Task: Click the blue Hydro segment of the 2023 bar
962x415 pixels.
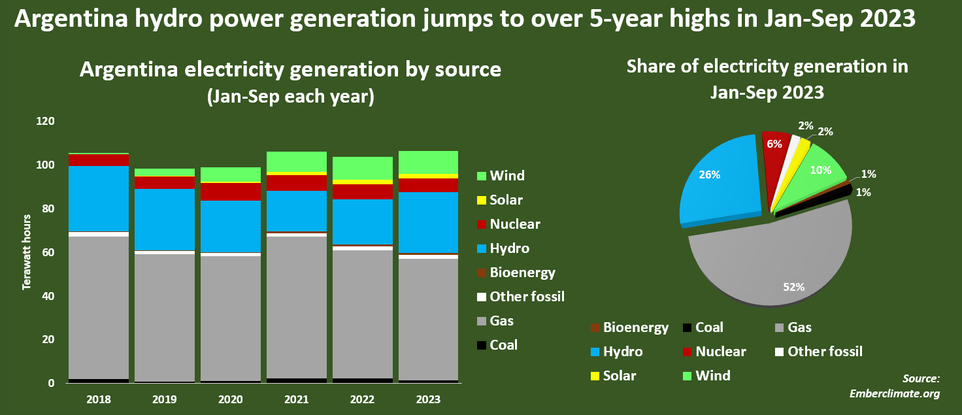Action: coord(428,222)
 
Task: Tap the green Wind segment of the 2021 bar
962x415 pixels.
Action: coord(296,161)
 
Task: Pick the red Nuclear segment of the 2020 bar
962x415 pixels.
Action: coord(230,191)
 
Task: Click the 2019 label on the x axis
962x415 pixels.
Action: coord(165,399)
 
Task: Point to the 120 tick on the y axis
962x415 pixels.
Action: coord(46,122)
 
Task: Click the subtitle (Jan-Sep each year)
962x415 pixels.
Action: coord(290,97)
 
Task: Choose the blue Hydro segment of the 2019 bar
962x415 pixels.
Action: coord(165,219)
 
